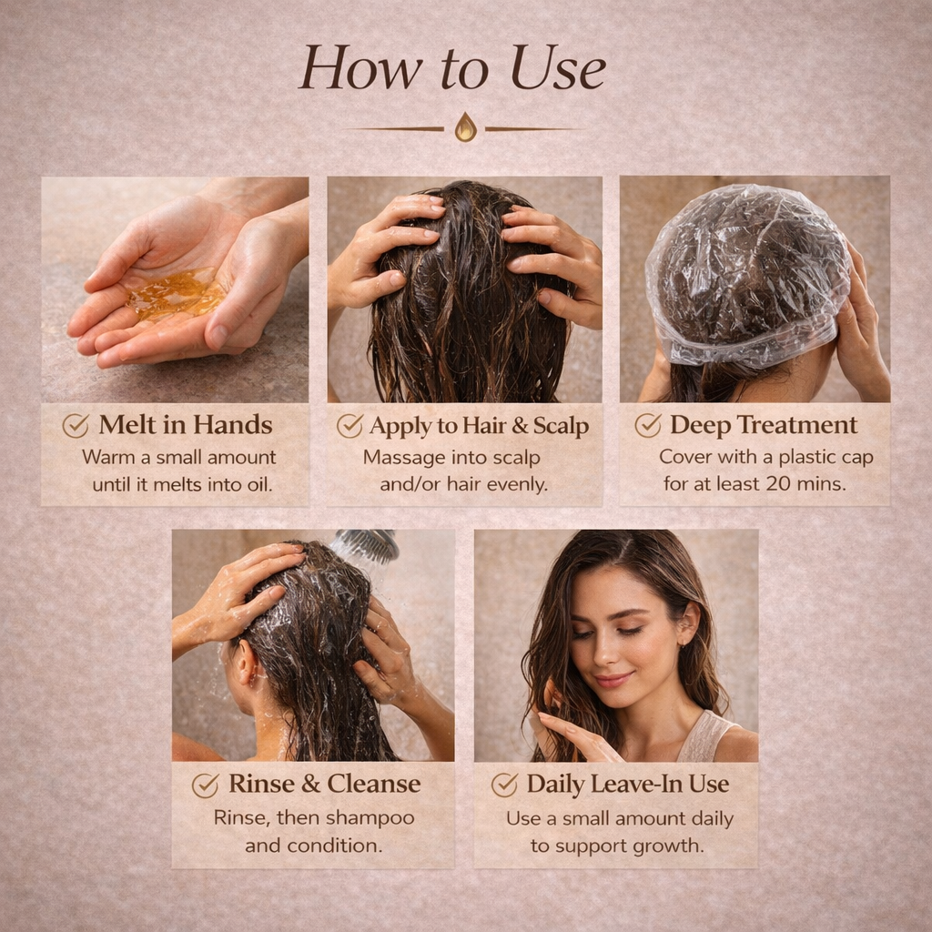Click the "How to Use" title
pyautogui.click(x=452, y=68)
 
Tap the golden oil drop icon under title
pyautogui.click(x=465, y=127)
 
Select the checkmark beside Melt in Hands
pyautogui.click(x=76, y=426)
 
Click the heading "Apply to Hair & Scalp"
pyautogui.click(x=479, y=426)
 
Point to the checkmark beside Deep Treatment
pyautogui.click(x=648, y=426)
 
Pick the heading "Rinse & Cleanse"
pyautogui.click(x=324, y=784)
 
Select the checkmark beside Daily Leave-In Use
pyautogui.click(x=504, y=785)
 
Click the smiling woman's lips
pyautogui.click(x=613, y=680)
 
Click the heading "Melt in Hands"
pyautogui.click(x=186, y=426)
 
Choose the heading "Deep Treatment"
pyautogui.click(x=764, y=426)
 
